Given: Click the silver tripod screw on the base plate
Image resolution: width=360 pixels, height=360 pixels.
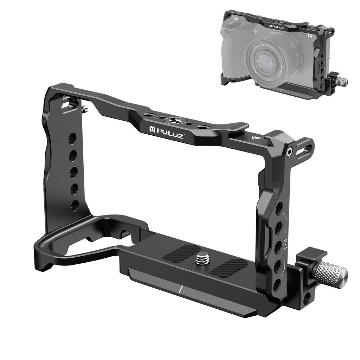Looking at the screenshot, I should click(x=201, y=259).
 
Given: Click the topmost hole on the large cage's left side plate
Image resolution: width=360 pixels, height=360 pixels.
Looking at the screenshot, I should click(x=72, y=138).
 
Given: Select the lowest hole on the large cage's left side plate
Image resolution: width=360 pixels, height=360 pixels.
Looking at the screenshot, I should click(x=75, y=205).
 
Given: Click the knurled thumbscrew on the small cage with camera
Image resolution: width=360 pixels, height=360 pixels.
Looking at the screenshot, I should click(x=340, y=81).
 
